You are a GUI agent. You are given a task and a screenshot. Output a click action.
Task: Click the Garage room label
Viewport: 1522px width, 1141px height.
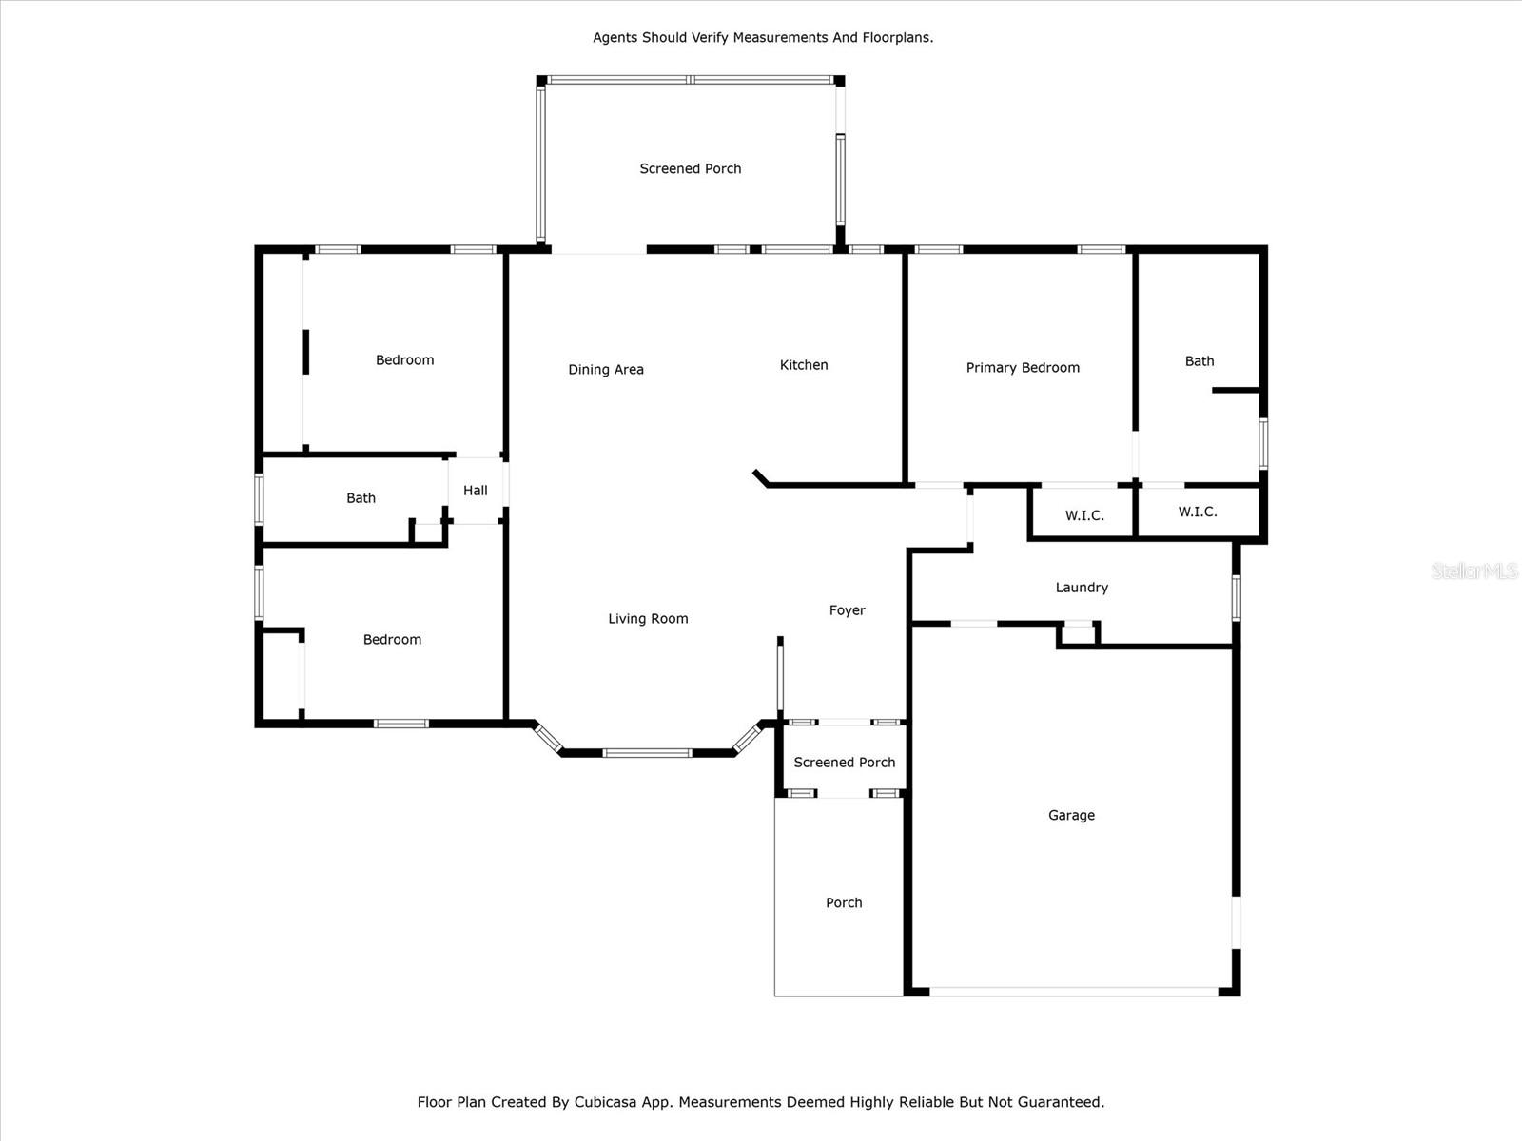click(x=1071, y=815)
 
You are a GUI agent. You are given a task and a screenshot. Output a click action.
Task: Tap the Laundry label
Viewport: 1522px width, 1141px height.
click(x=1082, y=588)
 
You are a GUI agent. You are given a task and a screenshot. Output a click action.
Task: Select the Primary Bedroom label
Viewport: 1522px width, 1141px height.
click(x=1023, y=368)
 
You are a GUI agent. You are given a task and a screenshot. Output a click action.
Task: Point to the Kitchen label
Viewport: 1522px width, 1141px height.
click(x=804, y=365)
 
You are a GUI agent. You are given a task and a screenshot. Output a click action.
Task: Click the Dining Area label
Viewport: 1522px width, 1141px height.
click(x=606, y=370)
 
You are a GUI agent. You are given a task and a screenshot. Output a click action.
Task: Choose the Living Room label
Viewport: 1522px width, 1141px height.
click(x=648, y=619)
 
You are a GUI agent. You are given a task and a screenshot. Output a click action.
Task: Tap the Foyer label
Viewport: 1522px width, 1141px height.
click(x=847, y=610)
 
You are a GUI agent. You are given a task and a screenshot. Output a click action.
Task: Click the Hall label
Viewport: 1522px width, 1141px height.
click(x=476, y=491)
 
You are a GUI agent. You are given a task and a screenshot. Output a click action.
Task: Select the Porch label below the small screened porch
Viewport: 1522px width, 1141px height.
click(x=844, y=903)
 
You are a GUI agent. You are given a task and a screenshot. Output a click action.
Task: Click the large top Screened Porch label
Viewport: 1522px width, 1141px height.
click(x=691, y=169)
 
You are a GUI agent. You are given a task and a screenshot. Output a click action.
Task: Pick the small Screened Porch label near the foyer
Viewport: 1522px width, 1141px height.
click(x=845, y=763)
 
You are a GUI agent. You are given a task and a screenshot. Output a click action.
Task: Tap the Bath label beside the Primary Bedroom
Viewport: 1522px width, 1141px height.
click(x=1200, y=361)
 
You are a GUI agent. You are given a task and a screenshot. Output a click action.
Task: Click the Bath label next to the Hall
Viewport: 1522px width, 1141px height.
click(x=361, y=498)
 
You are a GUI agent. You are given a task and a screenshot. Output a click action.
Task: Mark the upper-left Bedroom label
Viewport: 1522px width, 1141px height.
click(x=404, y=360)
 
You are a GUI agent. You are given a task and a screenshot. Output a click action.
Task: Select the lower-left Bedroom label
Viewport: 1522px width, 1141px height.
click(x=392, y=640)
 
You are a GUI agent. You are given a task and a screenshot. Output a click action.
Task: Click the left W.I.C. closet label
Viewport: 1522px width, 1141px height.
click(x=1084, y=515)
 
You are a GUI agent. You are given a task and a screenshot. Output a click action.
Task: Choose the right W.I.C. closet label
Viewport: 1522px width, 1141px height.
click(x=1198, y=512)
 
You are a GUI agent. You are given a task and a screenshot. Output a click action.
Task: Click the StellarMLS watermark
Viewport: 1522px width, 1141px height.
click(x=1474, y=570)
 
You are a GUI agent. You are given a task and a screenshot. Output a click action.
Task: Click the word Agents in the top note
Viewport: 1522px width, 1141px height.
click(x=615, y=38)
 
